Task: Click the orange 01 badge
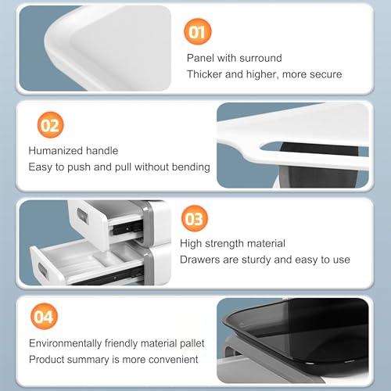pyautogui.click(x=198, y=31)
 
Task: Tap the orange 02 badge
pyautogui.click(x=50, y=125)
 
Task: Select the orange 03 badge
pyautogui.click(x=195, y=218)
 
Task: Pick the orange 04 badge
pyautogui.click(x=44, y=316)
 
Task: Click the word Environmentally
pyautogui.click(x=65, y=343)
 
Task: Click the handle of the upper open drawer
pyautogui.click(x=83, y=216)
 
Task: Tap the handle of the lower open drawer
pyautogui.click(x=43, y=271)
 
